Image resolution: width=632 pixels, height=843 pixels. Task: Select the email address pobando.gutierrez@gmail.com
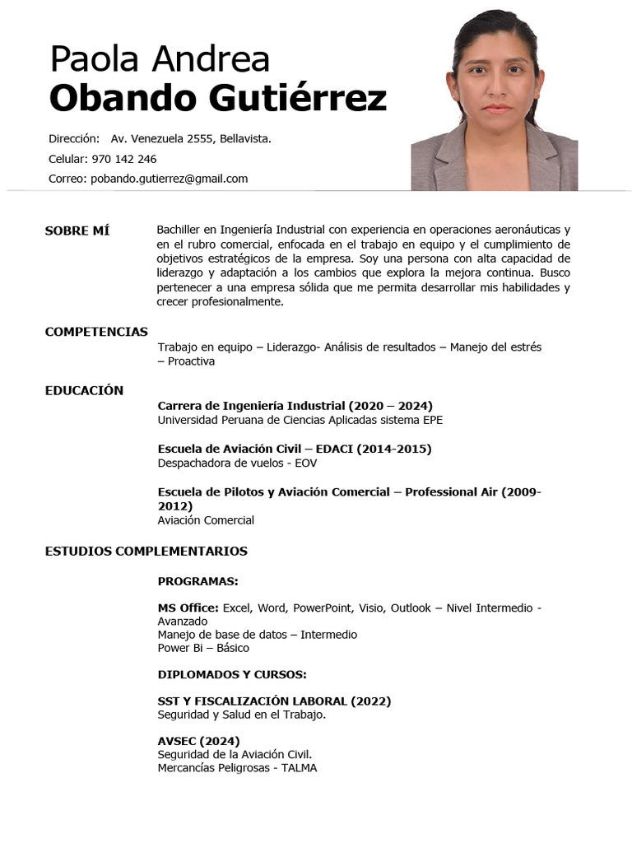169,179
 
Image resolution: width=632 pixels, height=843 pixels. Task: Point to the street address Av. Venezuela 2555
162,139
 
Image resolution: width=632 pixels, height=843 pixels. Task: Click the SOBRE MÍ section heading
77,231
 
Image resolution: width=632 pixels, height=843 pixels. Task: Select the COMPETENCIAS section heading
96,332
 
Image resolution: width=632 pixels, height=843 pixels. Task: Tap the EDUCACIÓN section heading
84,390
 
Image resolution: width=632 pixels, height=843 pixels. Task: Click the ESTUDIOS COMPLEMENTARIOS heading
146,551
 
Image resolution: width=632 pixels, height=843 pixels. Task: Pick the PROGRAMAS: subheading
197,581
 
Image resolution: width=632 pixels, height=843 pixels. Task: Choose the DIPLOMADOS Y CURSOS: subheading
231,674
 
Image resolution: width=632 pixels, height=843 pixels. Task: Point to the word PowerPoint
321,608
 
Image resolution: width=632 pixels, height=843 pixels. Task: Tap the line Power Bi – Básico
203,648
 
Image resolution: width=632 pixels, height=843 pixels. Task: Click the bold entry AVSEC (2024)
198,741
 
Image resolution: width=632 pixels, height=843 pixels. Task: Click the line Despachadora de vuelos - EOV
237,463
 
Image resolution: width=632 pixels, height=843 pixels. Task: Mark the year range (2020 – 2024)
390,405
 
